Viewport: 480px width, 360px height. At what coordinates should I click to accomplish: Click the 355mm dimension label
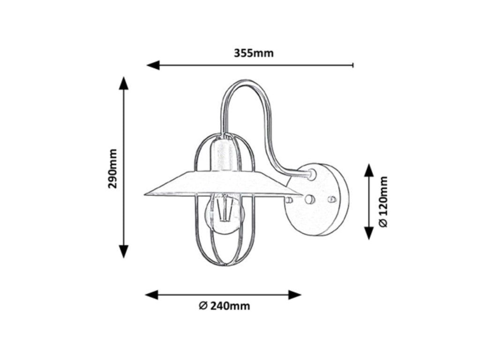(x=254, y=53)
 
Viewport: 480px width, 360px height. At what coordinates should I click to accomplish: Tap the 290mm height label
(x=112, y=168)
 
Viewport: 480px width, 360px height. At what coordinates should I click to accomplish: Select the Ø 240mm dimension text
(x=225, y=306)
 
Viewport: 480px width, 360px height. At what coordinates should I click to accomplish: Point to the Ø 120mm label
(x=383, y=202)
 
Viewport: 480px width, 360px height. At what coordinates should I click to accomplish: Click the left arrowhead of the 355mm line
(x=153, y=65)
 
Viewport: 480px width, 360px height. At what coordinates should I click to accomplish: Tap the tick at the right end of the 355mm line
(x=353, y=65)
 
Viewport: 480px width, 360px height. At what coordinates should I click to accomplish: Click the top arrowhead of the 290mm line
(x=124, y=83)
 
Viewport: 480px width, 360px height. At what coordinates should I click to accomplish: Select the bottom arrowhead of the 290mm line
(x=124, y=251)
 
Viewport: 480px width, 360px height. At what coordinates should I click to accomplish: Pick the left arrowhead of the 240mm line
(x=151, y=295)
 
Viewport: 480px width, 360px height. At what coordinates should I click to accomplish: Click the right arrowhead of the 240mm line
(x=295, y=295)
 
